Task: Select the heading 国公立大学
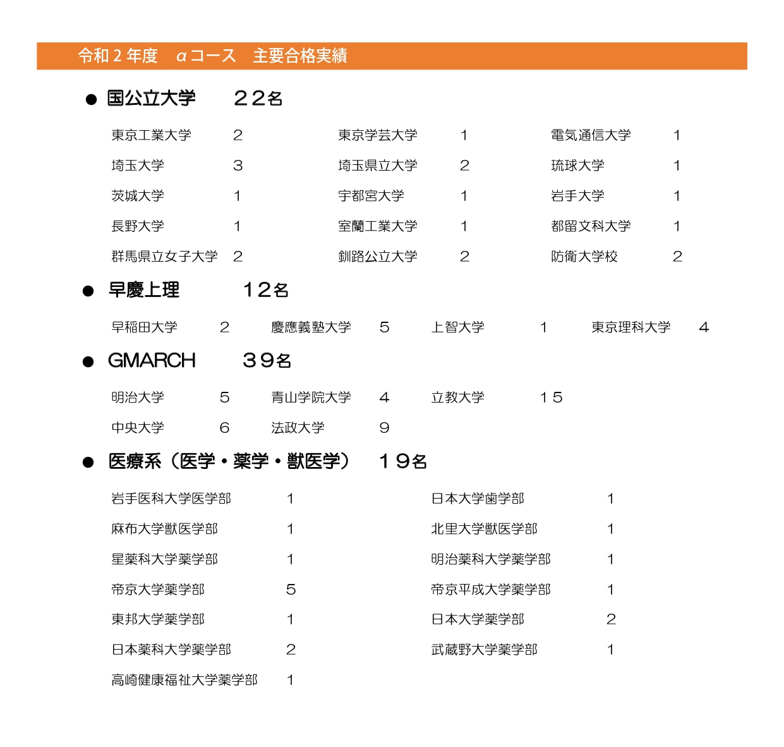(x=152, y=98)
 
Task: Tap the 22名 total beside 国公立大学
(x=258, y=98)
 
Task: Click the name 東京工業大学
(x=151, y=135)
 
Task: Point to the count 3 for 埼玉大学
(x=238, y=166)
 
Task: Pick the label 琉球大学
(x=577, y=166)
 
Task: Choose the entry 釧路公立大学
(x=377, y=257)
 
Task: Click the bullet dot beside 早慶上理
(x=88, y=291)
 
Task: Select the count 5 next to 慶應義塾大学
(x=384, y=327)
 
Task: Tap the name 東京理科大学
(x=630, y=327)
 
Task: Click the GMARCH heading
(x=152, y=361)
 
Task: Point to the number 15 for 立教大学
(x=551, y=398)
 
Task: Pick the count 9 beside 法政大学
(x=384, y=428)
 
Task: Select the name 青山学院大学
(x=311, y=398)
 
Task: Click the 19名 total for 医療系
(x=403, y=462)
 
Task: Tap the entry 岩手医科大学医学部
(x=171, y=499)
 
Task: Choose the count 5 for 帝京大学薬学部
(x=291, y=590)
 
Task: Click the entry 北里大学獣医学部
(x=484, y=529)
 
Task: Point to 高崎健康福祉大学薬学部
(x=184, y=680)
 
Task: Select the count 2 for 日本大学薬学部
(x=611, y=619)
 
